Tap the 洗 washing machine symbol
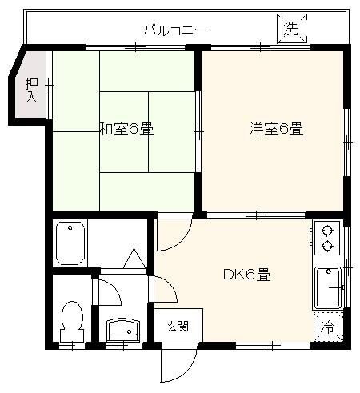pyautogui.click(x=290, y=29)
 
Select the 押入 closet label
pyautogui.click(x=31, y=90)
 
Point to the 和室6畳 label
pyautogui.click(x=126, y=128)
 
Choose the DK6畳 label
pyautogui.click(x=246, y=275)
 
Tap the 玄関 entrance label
pyautogui.click(x=177, y=326)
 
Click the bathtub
pyautogui.click(x=70, y=243)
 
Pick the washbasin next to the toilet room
pyautogui.click(x=122, y=327)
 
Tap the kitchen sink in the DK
pyautogui.click(x=327, y=287)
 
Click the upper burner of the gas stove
pyautogui.click(x=326, y=228)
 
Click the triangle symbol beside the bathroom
pyautogui.click(x=134, y=259)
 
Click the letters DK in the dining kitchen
pyautogui.click(x=232, y=275)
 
